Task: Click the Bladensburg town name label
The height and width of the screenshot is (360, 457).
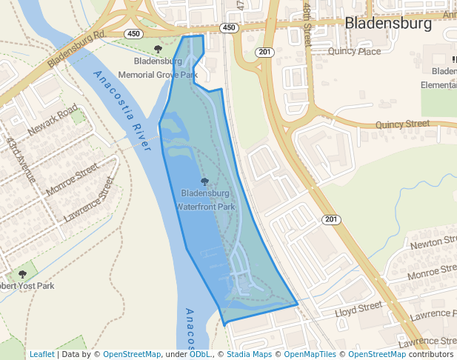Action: pyautogui.click(x=388, y=24)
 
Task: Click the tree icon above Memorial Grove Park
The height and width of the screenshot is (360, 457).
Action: pyautogui.click(x=158, y=50)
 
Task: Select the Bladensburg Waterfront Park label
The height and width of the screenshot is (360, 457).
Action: pyautogui.click(x=205, y=200)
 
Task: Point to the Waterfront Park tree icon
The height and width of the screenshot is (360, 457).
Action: pyautogui.click(x=205, y=181)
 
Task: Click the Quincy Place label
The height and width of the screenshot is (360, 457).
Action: pyautogui.click(x=354, y=52)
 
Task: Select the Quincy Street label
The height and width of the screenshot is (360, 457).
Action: pyautogui.click(x=402, y=124)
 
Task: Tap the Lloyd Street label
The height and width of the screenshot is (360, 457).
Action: pyautogui.click(x=358, y=306)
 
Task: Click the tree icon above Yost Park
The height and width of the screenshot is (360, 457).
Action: pyautogui.click(x=22, y=274)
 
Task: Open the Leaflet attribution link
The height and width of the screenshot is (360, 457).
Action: pyautogui.click(x=42, y=354)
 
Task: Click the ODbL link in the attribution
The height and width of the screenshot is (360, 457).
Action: pyautogui.click(x=199, y=354)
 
